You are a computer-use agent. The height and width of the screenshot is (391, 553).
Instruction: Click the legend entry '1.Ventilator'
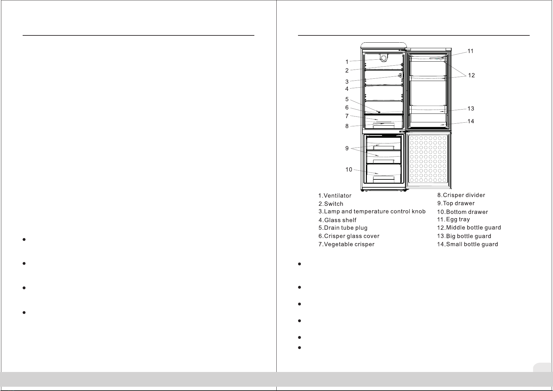point(335,195)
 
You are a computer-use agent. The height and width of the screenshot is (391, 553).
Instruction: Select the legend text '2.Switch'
point(331,204)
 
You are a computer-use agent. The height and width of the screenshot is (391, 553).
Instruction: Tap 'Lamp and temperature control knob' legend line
point(372,212)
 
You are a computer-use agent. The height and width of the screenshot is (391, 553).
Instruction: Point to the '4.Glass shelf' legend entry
point(337,220)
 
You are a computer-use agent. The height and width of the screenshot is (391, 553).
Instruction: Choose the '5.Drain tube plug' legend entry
point(343,228)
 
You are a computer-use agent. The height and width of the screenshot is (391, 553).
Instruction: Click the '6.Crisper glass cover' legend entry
point(349,236)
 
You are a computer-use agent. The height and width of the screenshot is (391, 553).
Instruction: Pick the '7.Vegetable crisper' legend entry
point(346,244)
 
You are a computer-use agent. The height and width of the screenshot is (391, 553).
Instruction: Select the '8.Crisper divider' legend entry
point(461,195)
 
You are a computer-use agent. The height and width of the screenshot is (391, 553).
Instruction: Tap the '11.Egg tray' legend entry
point(454,219)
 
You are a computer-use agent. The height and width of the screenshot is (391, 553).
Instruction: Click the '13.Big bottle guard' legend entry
point(464,236)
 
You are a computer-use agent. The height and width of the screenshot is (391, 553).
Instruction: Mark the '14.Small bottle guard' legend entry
point(468,244)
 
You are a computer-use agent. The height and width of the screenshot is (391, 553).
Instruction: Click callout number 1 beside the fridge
point(347,62)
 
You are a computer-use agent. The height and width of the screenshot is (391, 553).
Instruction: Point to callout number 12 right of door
point(471,75)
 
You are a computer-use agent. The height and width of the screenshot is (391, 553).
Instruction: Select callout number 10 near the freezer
point(349,170)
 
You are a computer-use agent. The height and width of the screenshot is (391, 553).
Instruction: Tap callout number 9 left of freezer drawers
point(347,148)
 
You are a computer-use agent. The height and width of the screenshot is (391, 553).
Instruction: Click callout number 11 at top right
point(471,51)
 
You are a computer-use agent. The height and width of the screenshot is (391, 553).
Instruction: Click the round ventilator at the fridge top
point(384,58)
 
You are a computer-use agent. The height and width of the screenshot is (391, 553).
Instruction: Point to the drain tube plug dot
point(379,112)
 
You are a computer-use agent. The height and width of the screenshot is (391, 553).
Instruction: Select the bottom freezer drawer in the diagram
point(384,174)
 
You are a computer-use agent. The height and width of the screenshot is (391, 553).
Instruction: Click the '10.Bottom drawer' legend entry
point(463,212)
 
